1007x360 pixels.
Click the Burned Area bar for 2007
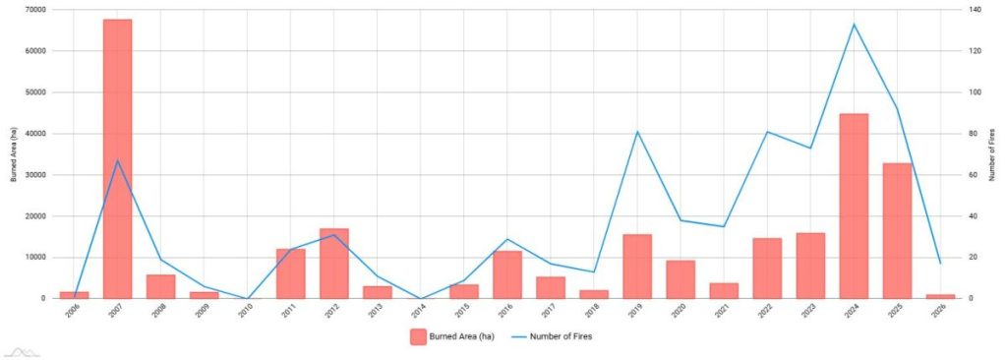point(118,158)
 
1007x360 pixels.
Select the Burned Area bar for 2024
point(854,207)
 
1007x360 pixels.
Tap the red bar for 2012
point(334,264)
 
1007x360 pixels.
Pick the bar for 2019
point(637,267)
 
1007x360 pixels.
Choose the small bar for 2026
point(940,296)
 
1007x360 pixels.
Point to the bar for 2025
point(897,231)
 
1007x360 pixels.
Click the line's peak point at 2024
point(854,24)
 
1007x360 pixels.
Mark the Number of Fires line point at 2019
point(637,132)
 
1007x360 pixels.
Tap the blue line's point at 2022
point(767,132)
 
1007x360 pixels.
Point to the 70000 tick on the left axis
point(34,10)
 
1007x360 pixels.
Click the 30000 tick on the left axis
point(34,175)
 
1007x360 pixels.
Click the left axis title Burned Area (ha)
point(13,154)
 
